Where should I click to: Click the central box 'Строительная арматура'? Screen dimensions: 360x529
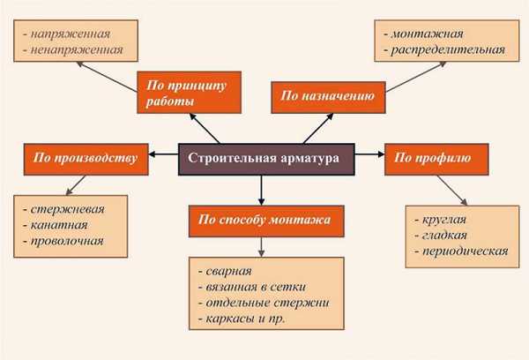[x=267, y=158]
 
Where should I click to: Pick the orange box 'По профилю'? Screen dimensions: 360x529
[x=431, y=158]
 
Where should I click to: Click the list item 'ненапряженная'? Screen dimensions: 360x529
[x=75, y=49]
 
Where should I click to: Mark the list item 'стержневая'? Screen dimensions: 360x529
[x=66, y=209]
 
